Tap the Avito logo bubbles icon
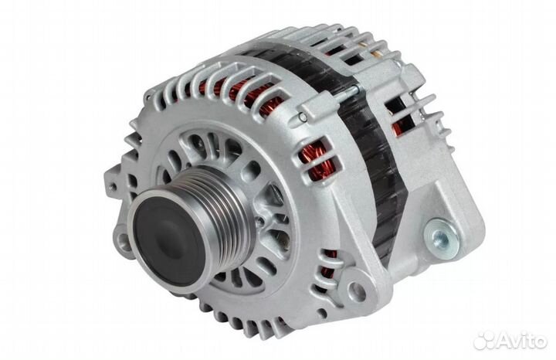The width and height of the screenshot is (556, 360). pyautogui.click(x=484, y=341)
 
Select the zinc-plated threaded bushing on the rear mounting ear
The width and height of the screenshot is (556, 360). pyautogui.click(x=439, y=236)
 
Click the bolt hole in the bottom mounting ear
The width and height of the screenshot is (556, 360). pyautogui.click(x=358, y=291)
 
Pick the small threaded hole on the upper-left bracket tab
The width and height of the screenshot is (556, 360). pyautogui.click(x=113, y=187)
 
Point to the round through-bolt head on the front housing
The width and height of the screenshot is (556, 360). pyautogui.click(x=301, y=116)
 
